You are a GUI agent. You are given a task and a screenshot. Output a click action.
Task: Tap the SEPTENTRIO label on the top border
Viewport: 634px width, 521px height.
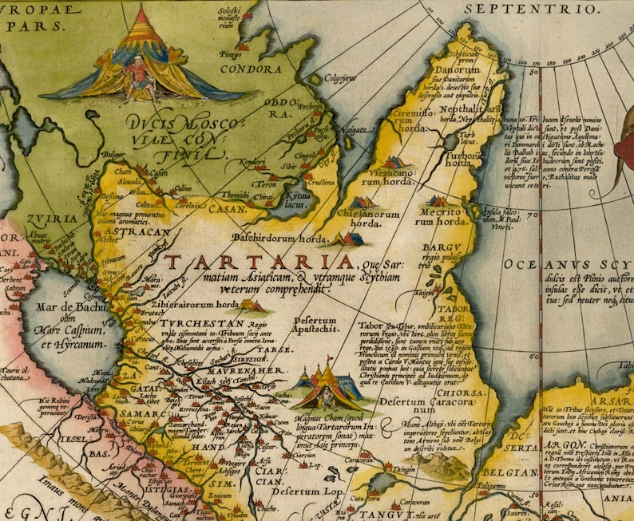[x=542, y=9]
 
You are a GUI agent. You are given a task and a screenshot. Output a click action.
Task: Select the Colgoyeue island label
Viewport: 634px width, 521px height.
[x=339, y=78]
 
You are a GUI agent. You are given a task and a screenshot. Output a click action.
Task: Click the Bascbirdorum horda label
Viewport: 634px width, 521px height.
[x=279, y=238]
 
